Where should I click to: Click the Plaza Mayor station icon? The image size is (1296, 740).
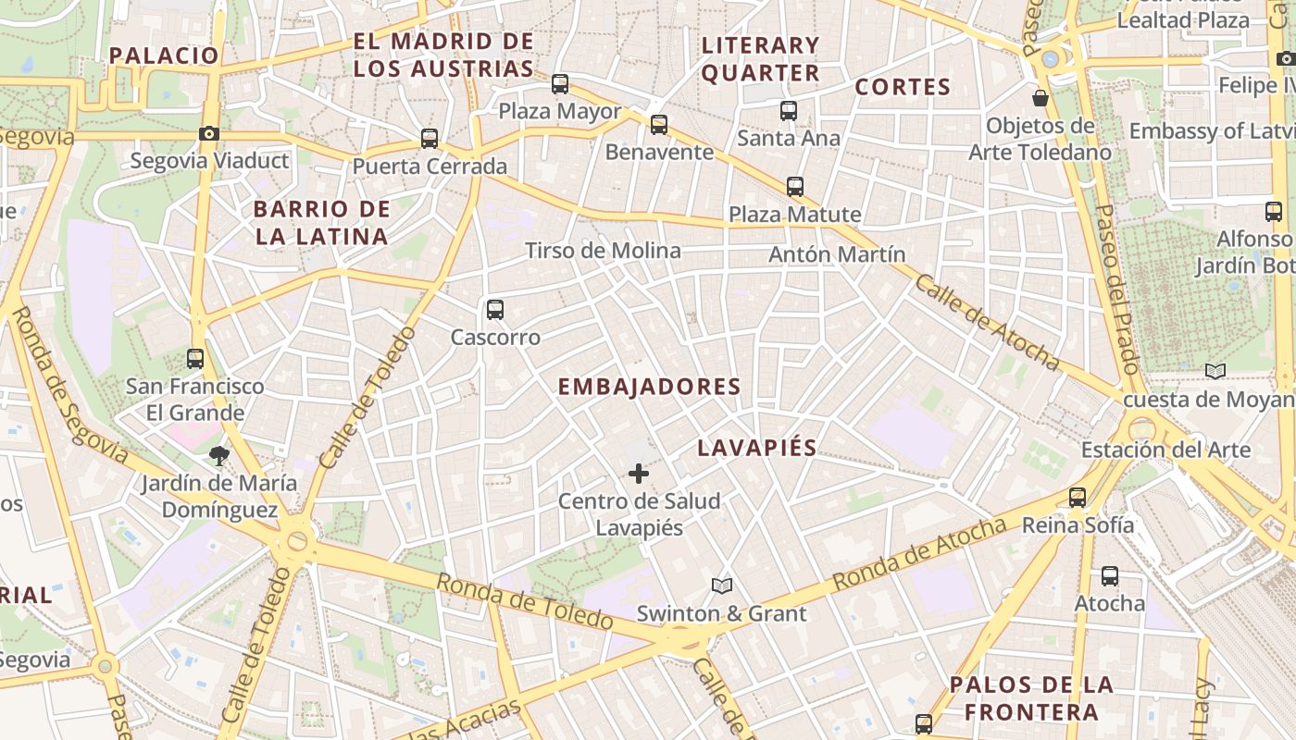point(560,84)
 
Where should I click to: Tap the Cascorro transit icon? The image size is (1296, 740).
point(495,310)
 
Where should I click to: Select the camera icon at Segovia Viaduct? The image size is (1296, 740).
point(209,133)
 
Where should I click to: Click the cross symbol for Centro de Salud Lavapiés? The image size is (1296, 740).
point(639,475)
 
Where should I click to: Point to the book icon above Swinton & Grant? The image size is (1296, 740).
point(722,586)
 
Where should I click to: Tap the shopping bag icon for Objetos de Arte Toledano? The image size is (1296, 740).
point(1041,98)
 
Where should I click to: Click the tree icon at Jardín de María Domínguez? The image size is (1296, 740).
point(219,455)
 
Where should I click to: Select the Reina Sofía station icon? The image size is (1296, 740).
point(1078,498)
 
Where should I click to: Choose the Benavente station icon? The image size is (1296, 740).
point(659,124)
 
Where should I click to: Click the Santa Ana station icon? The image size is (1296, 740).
point(789,111)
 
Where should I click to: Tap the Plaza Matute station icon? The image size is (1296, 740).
point(795,187)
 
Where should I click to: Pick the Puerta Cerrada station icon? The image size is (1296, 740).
point(430,139)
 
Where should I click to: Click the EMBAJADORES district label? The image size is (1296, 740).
point(649,387)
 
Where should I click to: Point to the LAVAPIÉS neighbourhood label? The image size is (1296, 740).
point(756,449)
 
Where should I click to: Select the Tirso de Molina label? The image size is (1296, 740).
point(603,251)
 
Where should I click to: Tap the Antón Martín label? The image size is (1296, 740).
point(837,253)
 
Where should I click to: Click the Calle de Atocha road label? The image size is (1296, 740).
point(986,321)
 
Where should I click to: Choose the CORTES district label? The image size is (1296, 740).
point(903,87)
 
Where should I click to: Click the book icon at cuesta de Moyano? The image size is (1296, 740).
point(1215,372)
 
